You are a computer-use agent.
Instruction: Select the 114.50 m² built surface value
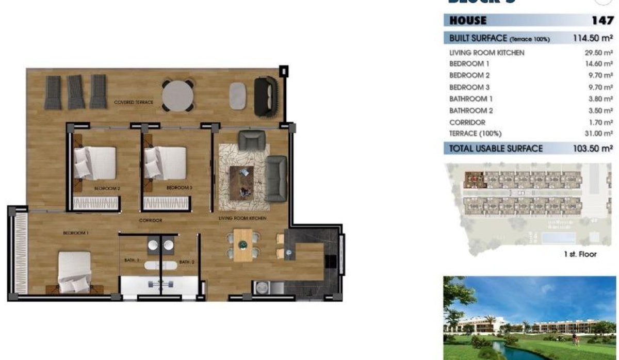(x=593, y=38)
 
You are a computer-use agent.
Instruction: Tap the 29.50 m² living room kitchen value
(x=597, y=53)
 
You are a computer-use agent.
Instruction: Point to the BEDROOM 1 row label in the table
(x=469, y=64)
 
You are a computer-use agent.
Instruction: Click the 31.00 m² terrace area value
(x=597, y=134)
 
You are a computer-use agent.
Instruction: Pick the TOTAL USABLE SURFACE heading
(x=496, y=149)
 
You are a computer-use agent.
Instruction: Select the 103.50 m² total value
(x=593, y=149)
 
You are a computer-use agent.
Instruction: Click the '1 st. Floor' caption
(x=580, y=254)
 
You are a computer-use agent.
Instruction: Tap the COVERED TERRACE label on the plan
(x=134, y=103)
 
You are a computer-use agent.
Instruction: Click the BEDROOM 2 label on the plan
(x=107, y=189)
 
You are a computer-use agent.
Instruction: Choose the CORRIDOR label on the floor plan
(x=151, y=220)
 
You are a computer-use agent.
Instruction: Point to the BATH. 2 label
(x=187, y=262)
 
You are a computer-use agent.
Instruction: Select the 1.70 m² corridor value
(x=598, y=122)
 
